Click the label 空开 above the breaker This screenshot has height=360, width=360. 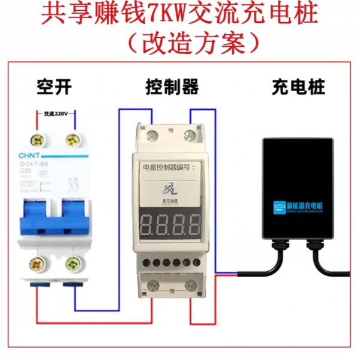click(x=54, y=88)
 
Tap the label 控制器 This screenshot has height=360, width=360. click(x=172, y=88)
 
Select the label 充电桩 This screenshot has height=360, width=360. click(x=298, y=88)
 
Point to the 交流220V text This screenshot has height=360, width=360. click(x=55, y=113)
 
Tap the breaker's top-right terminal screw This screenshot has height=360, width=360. click(x=74, y=140)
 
